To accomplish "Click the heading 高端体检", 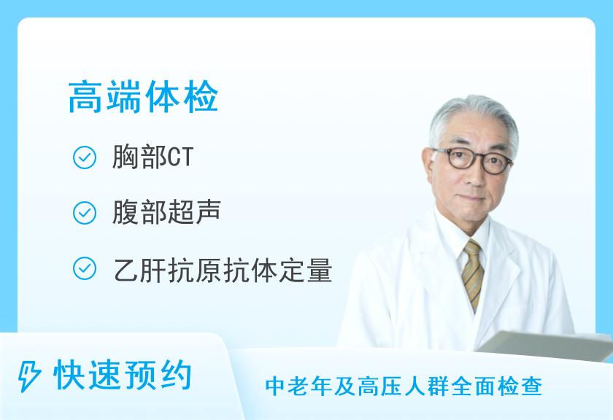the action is click(143, 97).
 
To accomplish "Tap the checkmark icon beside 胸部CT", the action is click(85, 157).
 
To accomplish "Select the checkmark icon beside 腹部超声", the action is click(85, 213).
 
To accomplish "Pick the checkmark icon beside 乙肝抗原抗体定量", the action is click(85, 268).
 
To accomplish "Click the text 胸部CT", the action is click(153, 157).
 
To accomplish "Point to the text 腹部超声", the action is click(166, 212).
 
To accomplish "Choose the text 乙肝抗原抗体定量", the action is click(223, 270).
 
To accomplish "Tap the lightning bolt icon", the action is click(28, 376).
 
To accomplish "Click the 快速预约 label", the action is click(123, 375).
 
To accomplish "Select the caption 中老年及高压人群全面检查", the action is click(404, 386).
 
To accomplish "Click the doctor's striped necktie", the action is click(472, 274).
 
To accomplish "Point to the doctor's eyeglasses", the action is click(473, 160).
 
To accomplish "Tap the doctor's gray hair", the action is click(472, 117).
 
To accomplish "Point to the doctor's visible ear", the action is click(429, 166).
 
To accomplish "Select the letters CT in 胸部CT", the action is click(180, 157).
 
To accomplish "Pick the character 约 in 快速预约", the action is click(176, 375).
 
